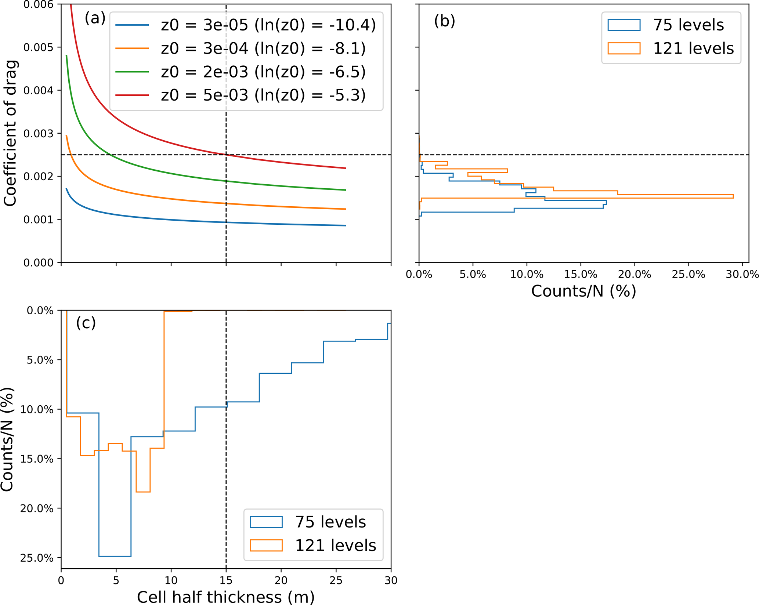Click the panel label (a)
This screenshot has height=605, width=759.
pyautogui.click(x=95, y=18)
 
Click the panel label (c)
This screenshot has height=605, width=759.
pyautogui.click(x=86, y=323)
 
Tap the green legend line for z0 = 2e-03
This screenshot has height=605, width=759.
pyautogui.click(x=132, y=72)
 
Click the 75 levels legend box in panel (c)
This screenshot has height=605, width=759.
pyautogui.click(x=266, y=522)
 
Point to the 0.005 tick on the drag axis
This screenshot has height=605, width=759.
pyautogui.click(x=38, y=47)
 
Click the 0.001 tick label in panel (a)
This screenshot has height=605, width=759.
pyautogui.click(x=38, y=220)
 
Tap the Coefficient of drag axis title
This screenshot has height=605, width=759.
pyautogui.click(x=10, y=133)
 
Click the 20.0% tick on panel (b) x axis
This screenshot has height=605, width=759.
pyautogui.click(x=635, y=274)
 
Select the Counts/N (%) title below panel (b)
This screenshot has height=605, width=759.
pyautogui.click(x=583, y=291)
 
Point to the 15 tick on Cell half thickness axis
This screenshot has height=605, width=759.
pyautogui.click(x=226, y=580)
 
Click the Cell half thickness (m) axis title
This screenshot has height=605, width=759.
pyautogui.click(x=226, y=597)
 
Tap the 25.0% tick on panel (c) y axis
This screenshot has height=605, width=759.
pyautogui.click(x=37, y=558)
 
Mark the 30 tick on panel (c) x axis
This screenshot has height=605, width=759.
pyautogui.click(x=391, y=580)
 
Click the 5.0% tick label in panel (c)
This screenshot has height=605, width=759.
pyautogui.click(x=40, y=360)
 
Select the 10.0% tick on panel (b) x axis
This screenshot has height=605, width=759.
pyautogui.click(x=527, y=274)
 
